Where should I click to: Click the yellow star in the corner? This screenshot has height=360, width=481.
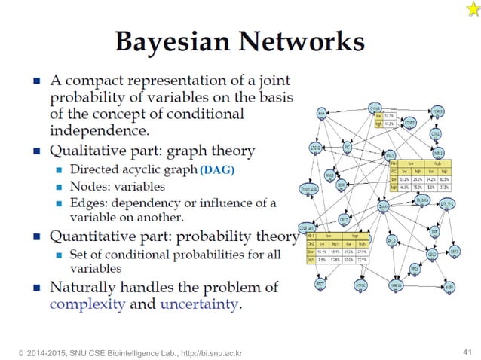(462, 8)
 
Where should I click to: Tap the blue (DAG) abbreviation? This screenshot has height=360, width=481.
(218, 170)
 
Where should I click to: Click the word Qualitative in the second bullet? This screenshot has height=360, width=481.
(90, 150)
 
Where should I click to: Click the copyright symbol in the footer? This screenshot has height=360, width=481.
(10, 352)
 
